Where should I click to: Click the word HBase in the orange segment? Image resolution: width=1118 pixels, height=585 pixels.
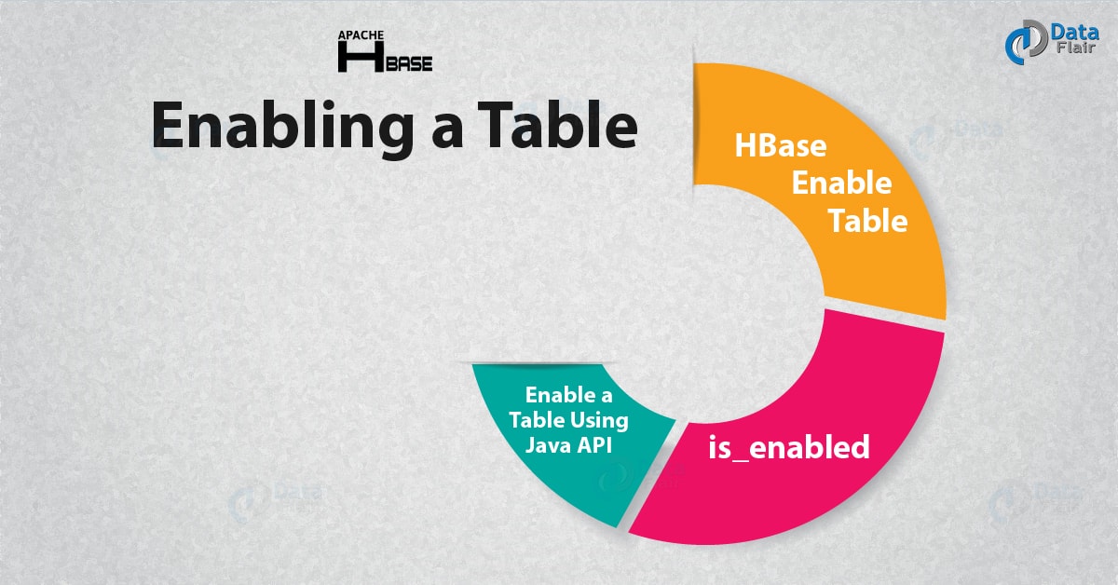point(781,145)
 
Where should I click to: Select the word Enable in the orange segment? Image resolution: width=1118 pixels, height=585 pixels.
point(841,183)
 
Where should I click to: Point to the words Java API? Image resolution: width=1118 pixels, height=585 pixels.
point(568,445)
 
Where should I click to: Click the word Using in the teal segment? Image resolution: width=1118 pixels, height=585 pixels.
point(600,419)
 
